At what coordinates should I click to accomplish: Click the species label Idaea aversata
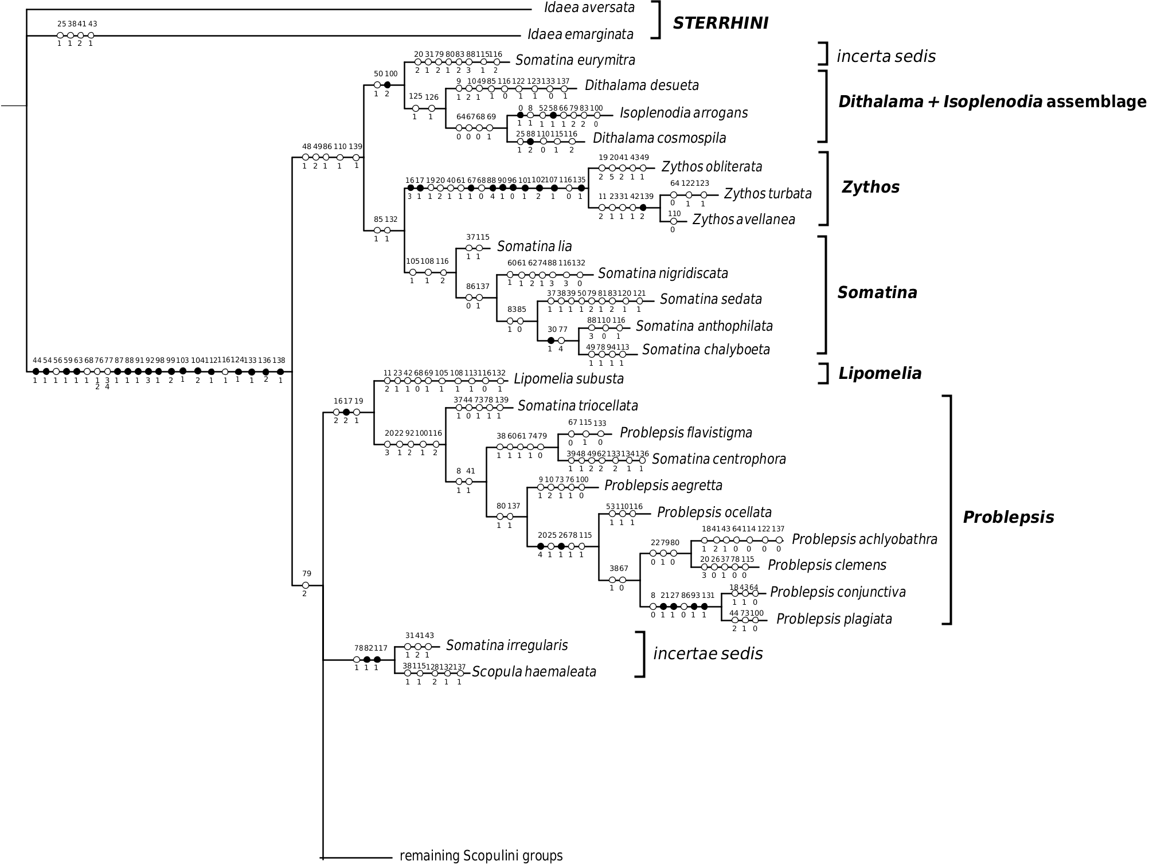point(589,7)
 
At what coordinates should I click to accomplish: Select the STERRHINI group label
point(720,23)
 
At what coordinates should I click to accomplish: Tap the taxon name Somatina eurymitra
point(575,60)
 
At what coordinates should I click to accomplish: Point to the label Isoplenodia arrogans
point(683,112)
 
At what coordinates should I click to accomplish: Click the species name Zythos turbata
point(768,194)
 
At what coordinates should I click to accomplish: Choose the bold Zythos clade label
point(870,187)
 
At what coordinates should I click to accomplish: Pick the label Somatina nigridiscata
point(663,273)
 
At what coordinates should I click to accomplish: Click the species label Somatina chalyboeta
point(706,350)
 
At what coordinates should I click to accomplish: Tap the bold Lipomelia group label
point(880,374)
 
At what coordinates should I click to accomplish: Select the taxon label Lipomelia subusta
point(569,379)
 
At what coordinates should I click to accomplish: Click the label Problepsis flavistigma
point(686,433)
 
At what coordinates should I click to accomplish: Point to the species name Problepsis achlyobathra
point(865,539)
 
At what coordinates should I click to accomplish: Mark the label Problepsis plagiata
point(834,619)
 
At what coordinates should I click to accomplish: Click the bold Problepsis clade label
point(1008,518)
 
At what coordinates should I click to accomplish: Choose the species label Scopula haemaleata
point(534,672)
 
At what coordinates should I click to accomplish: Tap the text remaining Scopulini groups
point(481,856)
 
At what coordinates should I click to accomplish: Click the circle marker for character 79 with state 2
point(306,585)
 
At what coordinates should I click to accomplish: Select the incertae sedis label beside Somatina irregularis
point(708,653)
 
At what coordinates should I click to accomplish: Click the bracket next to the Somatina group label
point(823,295)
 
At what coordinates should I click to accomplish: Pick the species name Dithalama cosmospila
point(659,138)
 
